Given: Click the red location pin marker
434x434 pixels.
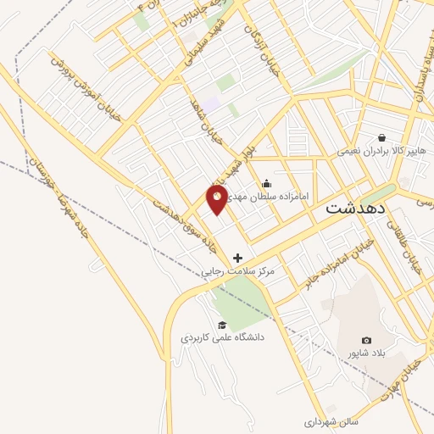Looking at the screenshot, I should click(218, 199).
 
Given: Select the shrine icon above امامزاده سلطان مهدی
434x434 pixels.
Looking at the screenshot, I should click(267, 183).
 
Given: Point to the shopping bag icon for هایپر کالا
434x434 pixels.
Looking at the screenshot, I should click(383, 137).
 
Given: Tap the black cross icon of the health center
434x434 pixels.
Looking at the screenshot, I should click(237, 258).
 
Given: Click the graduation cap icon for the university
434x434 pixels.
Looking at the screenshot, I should click(222, 325).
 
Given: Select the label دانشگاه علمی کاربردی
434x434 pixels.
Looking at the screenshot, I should click(222, 337).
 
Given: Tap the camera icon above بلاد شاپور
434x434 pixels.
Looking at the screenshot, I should click(366, 340).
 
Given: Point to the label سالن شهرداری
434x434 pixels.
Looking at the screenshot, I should click(333, 421).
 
